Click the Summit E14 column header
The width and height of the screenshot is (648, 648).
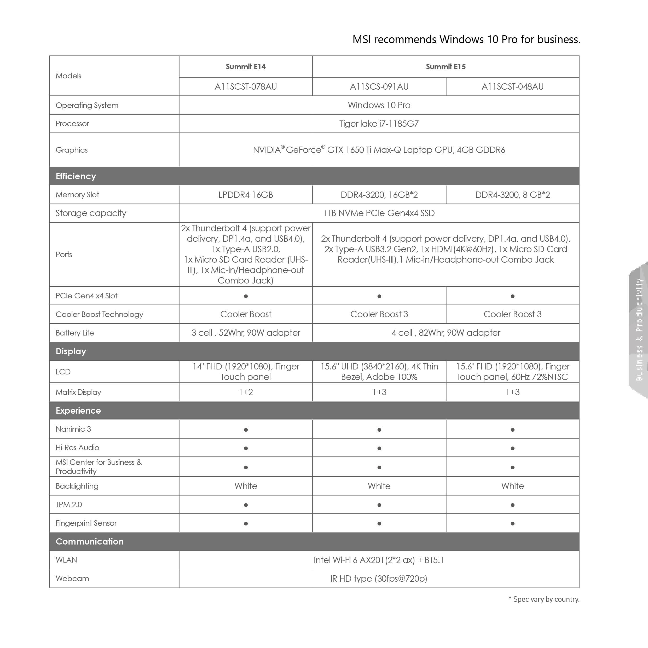(x=246, y=67)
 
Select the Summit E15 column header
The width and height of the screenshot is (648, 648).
(x=445, y=67)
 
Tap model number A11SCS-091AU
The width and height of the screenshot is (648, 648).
(x=379, y=86)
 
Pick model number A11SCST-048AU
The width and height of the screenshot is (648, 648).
(x=512, y=86)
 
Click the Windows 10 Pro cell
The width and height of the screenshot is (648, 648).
(x=379, y=105)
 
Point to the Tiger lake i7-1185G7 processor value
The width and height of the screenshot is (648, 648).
(x=379, y=124)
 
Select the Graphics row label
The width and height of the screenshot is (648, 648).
(x=71, y=150)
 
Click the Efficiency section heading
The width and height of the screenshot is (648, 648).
(x=76, y=176)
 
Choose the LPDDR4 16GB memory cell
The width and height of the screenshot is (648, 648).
(x=246, y=195)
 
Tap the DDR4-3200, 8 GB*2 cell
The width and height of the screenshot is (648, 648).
(x=512, y=195)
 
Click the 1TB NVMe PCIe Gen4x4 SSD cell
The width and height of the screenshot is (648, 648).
(x=379, y=213)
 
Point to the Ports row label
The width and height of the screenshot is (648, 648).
(x=64, y=254)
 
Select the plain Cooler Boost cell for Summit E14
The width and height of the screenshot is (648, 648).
(x=246, y=314)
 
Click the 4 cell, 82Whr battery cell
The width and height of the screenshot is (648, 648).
(x=445, y=333)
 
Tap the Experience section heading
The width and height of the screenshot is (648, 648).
(x=78, y=410)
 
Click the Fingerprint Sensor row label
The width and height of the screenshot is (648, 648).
(x=86, y=523)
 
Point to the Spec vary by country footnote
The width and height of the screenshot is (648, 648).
(x=544, y=599)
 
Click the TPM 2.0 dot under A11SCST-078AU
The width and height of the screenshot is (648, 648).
(x=246, y=505)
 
